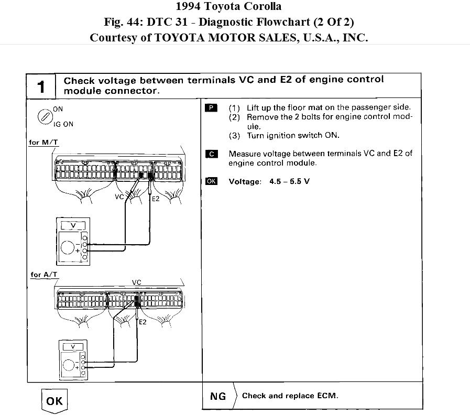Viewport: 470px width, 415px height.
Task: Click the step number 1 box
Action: [x=41, y=86]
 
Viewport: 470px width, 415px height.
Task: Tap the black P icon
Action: [x=211, y=108]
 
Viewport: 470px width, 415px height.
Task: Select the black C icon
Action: [x=211, y=154]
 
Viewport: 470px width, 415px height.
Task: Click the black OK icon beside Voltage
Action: [x=211, y=181]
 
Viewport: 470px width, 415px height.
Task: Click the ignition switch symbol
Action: [x=45, y=116]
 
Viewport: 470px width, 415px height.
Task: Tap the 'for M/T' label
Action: [x=42, y=143]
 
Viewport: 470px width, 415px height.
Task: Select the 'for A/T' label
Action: [x=43, y=275]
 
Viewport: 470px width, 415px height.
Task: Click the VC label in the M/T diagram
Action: [x=119, y=198]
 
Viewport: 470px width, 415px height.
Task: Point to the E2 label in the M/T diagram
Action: [x=155, y=199]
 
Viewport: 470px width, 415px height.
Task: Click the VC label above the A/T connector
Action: [x=137, y=282]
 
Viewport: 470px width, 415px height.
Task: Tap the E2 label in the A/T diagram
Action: [x=143, y=322]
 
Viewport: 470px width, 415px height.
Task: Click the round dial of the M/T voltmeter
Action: [x=68, y=246]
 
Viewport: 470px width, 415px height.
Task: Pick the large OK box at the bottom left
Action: [x=54, y=401]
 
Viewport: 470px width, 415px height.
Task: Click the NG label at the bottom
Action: [x=218, y=397]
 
